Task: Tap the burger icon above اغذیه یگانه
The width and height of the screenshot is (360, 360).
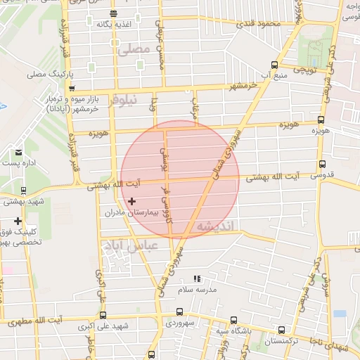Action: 114,13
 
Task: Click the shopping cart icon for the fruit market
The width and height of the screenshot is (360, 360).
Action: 72,89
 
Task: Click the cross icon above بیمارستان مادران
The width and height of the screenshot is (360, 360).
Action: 131,202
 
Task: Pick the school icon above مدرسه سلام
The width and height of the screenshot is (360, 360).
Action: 198,279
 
